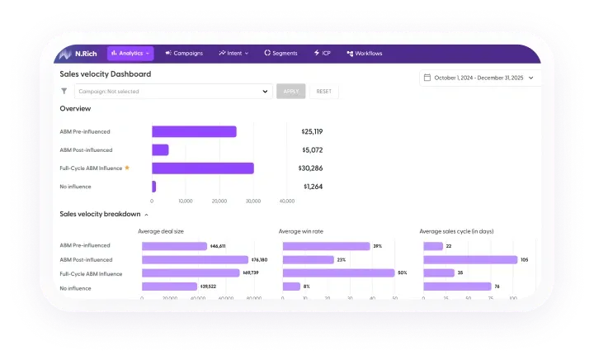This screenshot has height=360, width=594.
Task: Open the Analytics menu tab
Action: point(130,54)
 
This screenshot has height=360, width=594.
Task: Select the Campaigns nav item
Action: point(184,54)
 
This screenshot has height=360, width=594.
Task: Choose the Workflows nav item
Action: point(365,54)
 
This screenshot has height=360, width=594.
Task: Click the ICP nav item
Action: point(322,54)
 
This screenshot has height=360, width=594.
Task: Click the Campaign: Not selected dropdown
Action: point(173,92)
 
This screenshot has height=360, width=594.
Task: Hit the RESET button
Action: point(323,92)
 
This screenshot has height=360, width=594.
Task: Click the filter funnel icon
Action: point(64,92)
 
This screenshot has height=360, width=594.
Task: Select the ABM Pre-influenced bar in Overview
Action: point(194,131)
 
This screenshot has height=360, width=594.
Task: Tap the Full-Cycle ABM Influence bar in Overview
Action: point(202,168)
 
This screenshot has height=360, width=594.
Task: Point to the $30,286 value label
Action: point(310,168)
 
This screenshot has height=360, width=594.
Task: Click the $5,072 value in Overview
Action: point(312,150)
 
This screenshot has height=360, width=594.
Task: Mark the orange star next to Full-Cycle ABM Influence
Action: point(127,168)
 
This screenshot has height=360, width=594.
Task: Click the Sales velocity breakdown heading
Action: point(100,214)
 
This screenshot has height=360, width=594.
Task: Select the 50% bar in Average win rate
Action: point(338,272)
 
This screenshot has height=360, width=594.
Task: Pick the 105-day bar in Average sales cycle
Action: point(469,259)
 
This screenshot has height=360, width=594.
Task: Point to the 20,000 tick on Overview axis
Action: point(219,201)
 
